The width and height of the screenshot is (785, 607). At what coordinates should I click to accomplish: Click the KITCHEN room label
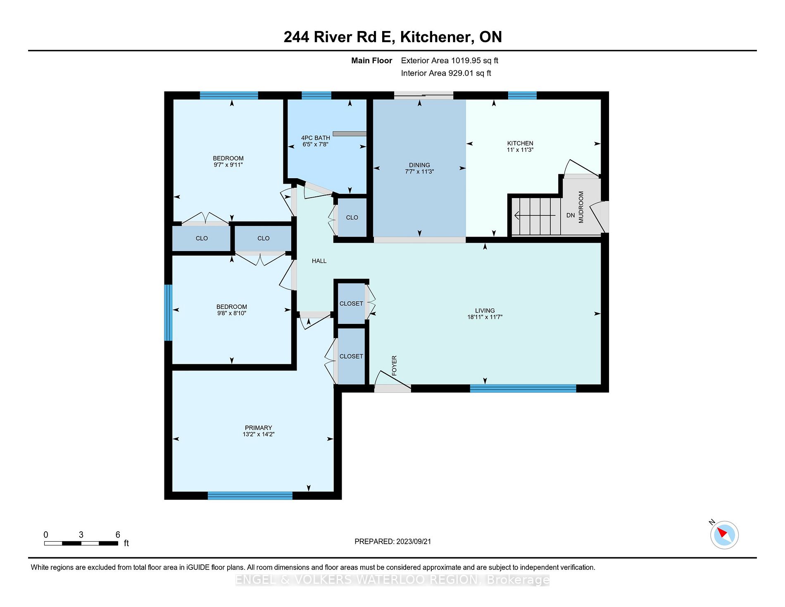pyautogui.click(x=520, y=143)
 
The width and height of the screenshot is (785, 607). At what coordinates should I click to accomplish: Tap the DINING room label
pyautogui.click(x=419, y=165)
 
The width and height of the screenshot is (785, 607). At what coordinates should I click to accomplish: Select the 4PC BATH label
pyautogui.click(x=315, y=138)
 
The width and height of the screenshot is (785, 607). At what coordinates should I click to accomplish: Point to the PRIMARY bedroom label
pyautogui.click(x=258, y=428)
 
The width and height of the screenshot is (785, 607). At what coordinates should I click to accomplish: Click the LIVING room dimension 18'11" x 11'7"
pyautogui.click(x=485, y=317)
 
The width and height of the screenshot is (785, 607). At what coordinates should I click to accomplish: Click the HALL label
pyautogui.click(x=319, y=261)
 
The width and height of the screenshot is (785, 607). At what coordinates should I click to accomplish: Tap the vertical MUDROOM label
pyautogui.click(x=581, y=207)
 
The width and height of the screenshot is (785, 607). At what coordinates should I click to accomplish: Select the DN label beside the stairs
pyautogui.click(x=570, y=215)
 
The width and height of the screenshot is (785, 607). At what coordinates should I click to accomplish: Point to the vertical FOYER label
pyautogui.click(x=394, y=366)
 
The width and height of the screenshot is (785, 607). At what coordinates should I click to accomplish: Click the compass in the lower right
pyautogui.click(x=724, y=535)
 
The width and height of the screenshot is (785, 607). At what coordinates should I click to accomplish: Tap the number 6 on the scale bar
pyautogui.click(x=118, y=535)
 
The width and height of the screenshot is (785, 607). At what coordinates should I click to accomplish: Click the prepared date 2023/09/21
pyautogui.click(x=413, y=541)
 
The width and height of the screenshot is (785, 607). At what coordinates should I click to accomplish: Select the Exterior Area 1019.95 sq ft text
pyautogui.click(x=449, y=60)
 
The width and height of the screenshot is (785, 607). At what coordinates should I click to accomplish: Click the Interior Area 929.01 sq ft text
pyautogui.click(x=446, y=73)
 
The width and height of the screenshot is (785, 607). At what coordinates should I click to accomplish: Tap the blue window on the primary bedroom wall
pyautogui.click(x=250, y=495)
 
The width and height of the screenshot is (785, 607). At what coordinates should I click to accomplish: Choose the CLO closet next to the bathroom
pyautogui.click(x=352, y=217)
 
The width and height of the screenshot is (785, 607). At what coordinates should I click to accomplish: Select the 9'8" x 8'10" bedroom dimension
pyautogui.click(x=231, y=313)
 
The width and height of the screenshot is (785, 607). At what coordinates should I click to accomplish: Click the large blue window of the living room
pyautogui.click(x=523, y=388)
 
